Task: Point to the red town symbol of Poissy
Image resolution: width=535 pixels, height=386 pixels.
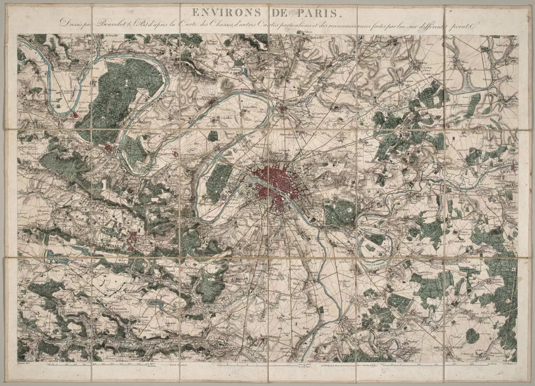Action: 76,114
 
